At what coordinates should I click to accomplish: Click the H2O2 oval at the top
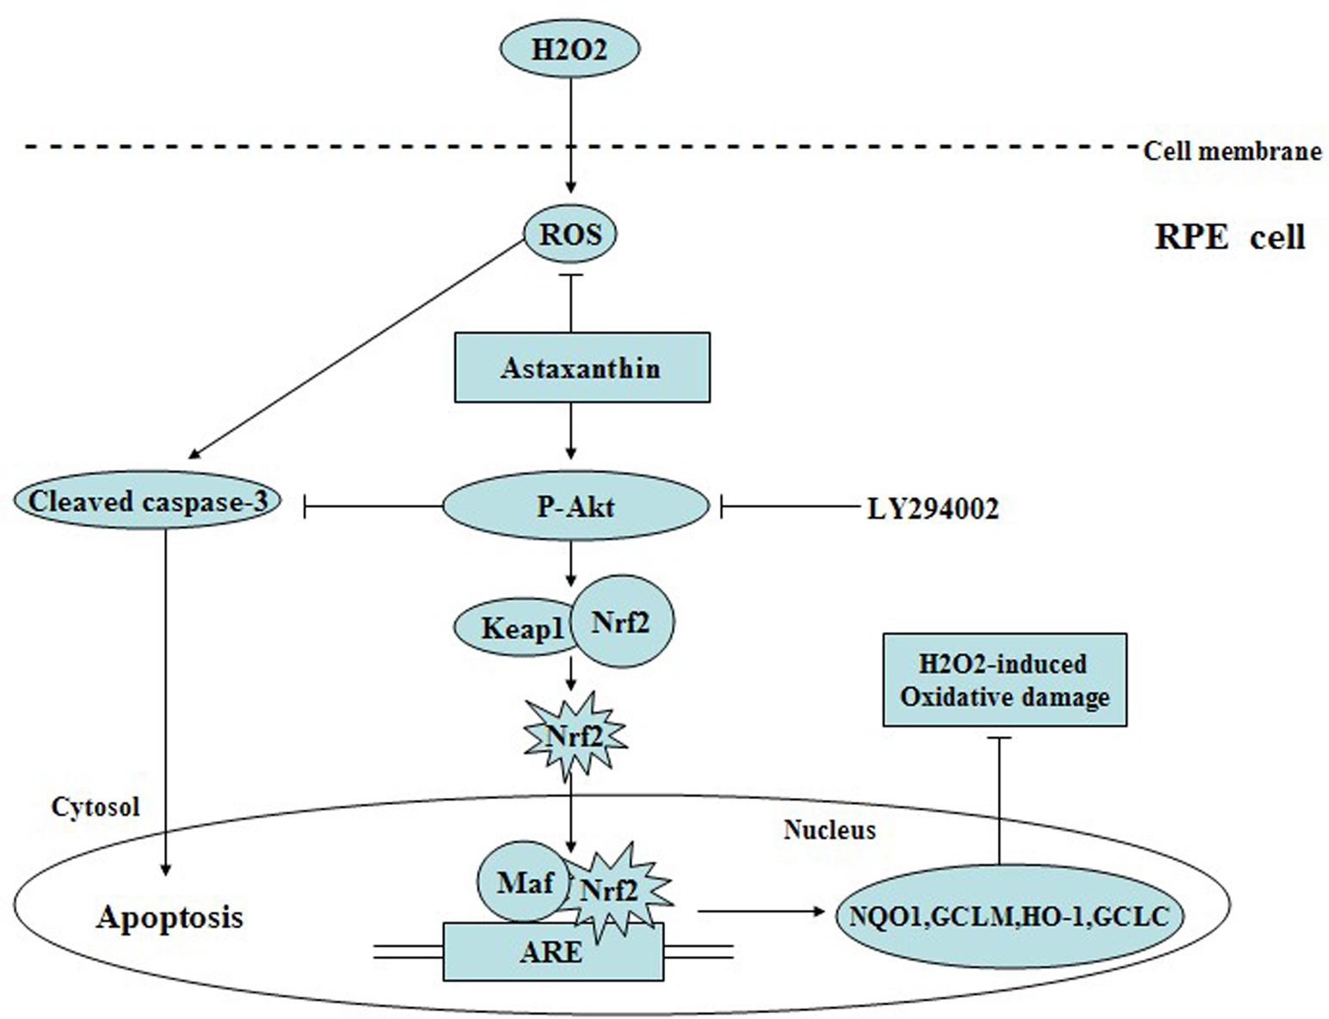(x=569, y=49)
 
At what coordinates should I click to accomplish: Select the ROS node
(x=570, y=234)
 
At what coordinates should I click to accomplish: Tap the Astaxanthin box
(x=581, y=368)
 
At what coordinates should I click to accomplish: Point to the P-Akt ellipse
(x=575, y=506)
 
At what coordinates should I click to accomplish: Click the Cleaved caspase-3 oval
(x=148, y=501)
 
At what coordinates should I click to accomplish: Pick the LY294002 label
(x=933, y=509)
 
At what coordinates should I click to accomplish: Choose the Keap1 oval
(x=512, y=628)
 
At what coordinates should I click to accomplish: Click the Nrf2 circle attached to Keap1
(x=622, y=622)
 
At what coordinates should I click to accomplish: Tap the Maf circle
(x=523, y=881)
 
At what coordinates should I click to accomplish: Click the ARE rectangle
(x=552, y=953)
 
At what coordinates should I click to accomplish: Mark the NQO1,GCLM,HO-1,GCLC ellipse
(x=1009, y=916)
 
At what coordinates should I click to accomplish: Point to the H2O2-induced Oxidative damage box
(x=1004, y=679)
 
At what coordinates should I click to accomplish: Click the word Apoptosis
(x=169, y=917)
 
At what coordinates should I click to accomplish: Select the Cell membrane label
(x=1232, y=151)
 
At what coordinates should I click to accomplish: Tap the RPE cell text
(x=1229, y=236)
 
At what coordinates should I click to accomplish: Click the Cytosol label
(x=95, y=807)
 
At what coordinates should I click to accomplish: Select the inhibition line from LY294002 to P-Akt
(x=791, y=508)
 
